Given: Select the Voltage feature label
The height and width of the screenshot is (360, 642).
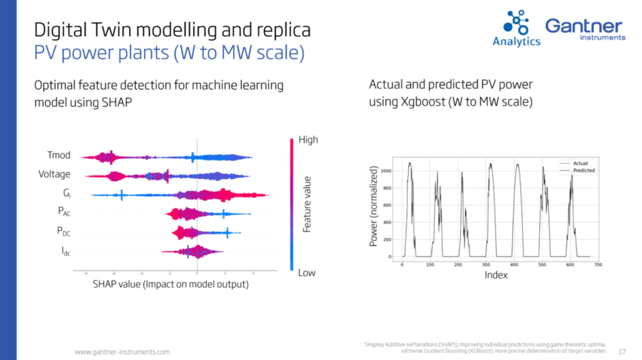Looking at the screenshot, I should point(53,174).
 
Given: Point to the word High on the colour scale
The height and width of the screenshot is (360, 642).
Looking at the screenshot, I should point(308,140).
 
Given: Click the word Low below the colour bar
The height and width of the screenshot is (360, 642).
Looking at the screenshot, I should point(307,273).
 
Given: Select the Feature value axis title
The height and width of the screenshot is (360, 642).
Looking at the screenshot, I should point(307,205).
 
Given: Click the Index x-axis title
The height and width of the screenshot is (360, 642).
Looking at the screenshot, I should point(496,275).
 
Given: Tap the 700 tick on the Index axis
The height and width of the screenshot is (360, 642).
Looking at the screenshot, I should point(598,264).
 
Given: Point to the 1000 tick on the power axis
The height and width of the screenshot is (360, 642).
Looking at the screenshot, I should point(386,171).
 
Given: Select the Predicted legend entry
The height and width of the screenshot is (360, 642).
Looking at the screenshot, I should point(584,171).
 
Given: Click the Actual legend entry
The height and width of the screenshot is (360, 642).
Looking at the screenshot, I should point(580,164).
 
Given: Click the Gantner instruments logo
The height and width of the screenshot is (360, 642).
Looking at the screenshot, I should point(584,29).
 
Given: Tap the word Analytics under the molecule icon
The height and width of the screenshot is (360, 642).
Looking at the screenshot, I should point(516,41).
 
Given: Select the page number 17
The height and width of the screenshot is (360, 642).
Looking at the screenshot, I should point(622,351).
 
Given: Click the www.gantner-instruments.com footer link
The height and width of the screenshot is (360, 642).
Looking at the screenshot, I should point(123,352).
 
